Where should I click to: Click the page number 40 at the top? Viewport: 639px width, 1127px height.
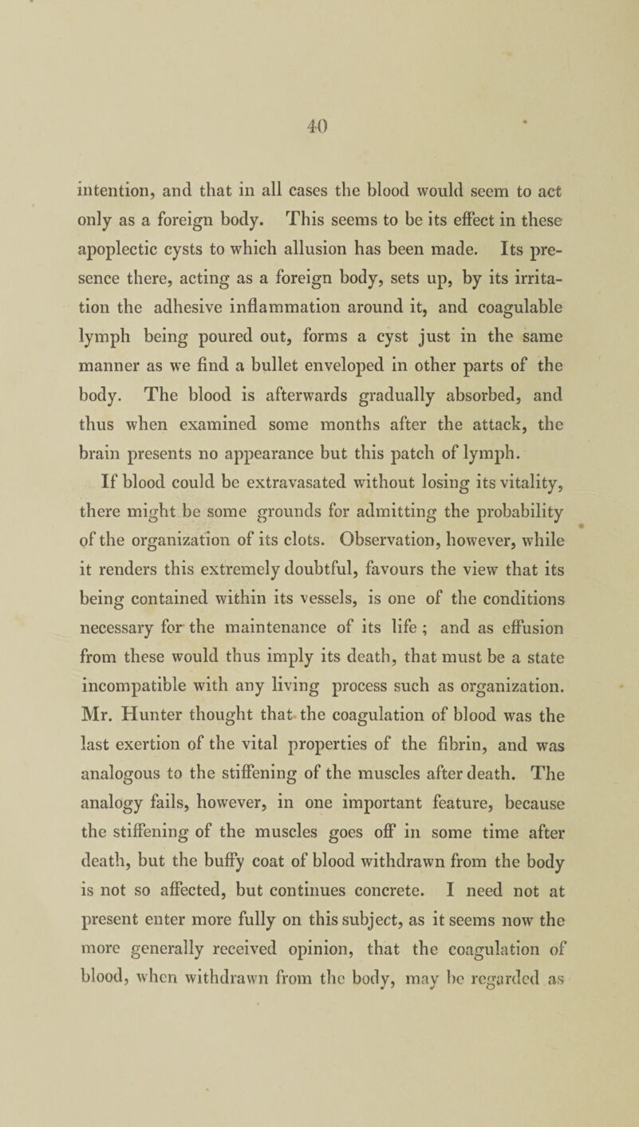[x=321, y=81]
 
